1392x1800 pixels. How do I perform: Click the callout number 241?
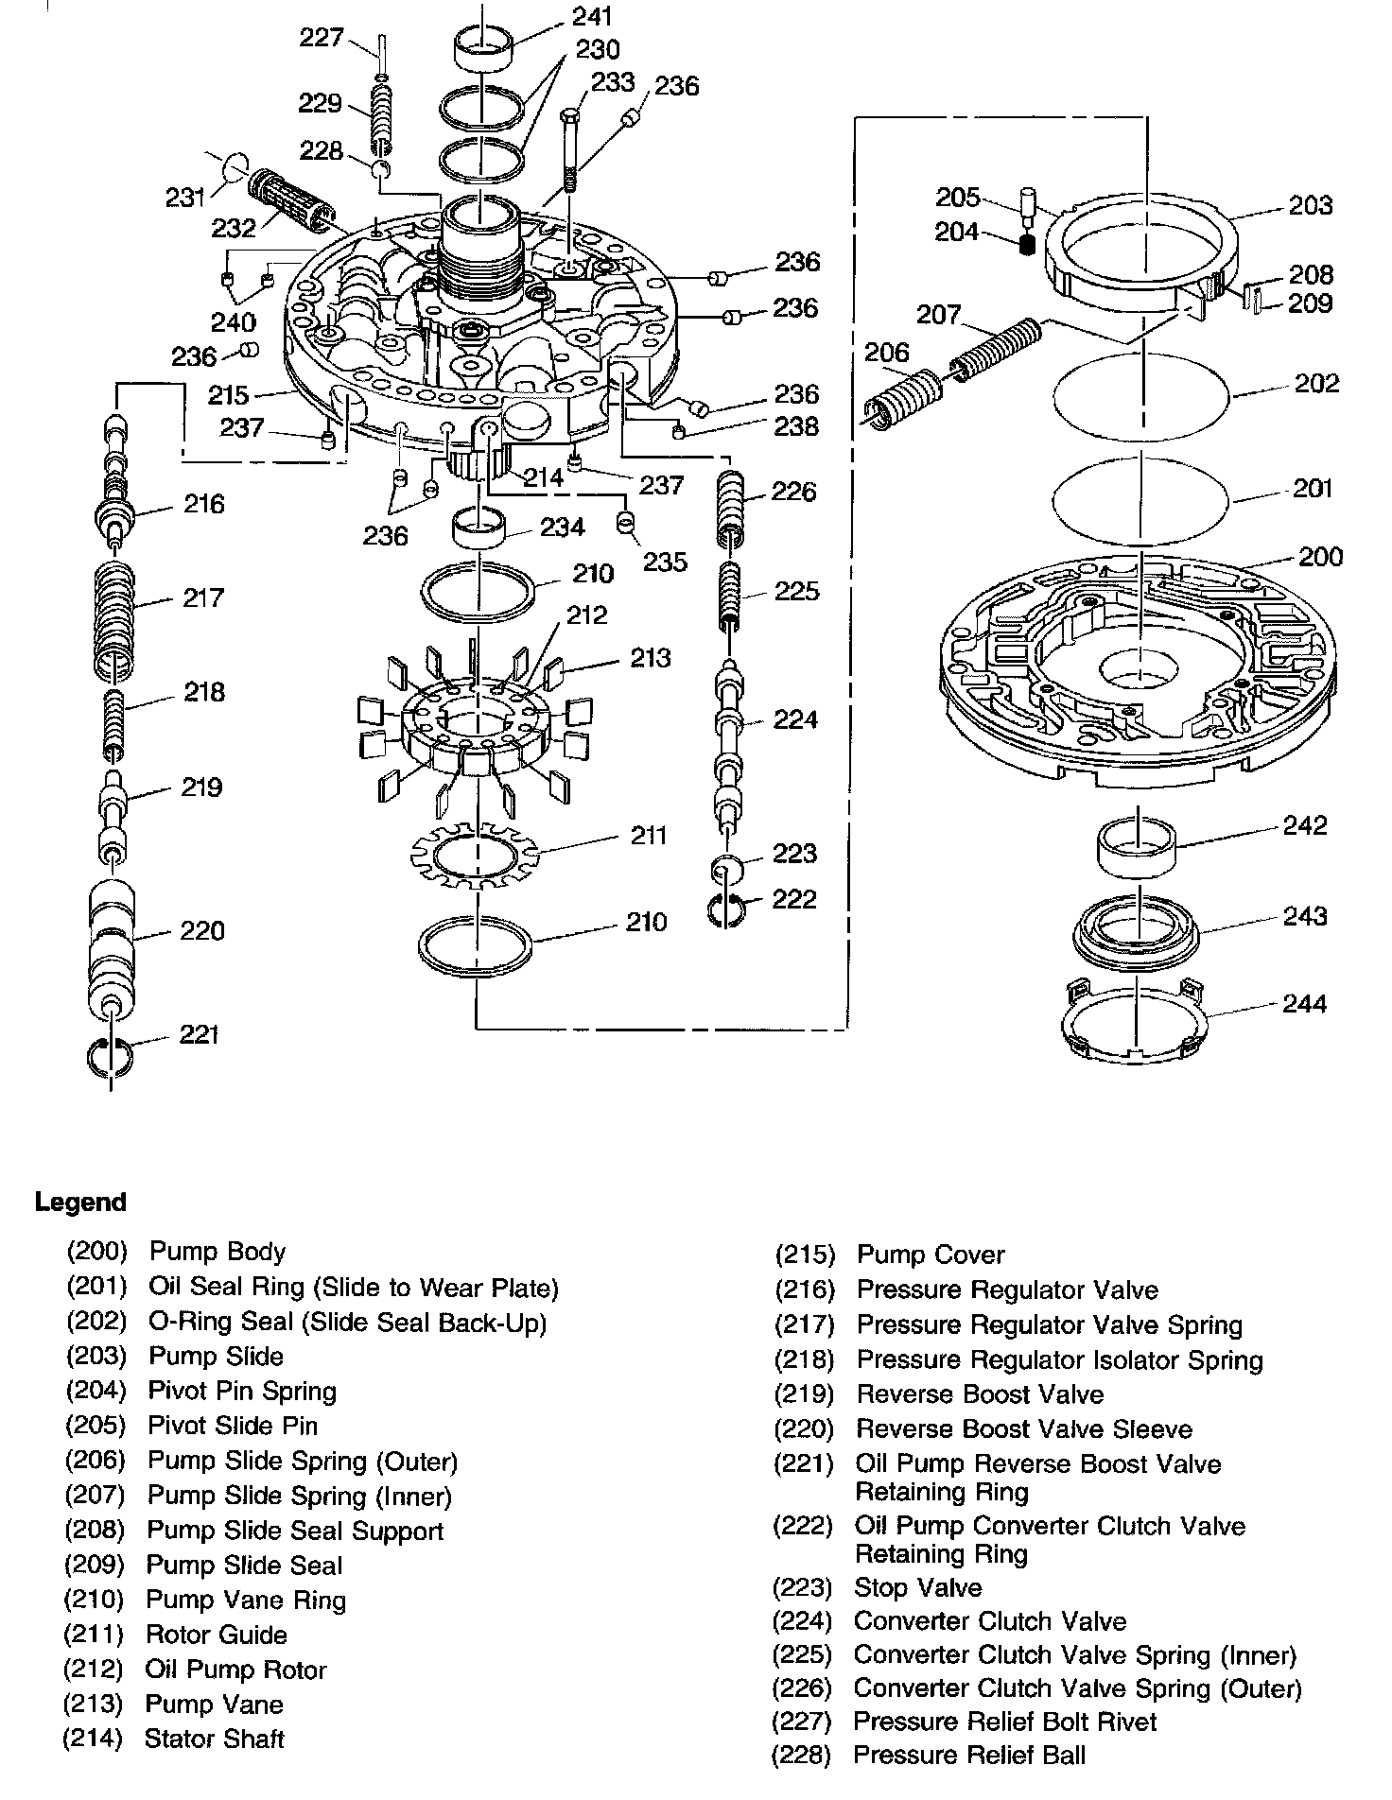(592, 16)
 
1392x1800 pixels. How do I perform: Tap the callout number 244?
(1304, 1003)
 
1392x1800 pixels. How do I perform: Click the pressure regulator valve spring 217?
(116, 623)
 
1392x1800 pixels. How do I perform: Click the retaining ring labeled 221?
(112, 1052)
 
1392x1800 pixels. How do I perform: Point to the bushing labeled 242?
(1136, 846)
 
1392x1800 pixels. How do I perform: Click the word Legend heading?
(80, 1203)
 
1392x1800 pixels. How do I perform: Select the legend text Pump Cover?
(930, 1255)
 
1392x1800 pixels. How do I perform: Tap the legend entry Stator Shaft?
(214, 1739)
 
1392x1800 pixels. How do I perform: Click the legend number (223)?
(802, 1587)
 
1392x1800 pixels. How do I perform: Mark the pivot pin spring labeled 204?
(1025, 245)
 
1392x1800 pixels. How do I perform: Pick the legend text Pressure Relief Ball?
(969, 1756)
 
